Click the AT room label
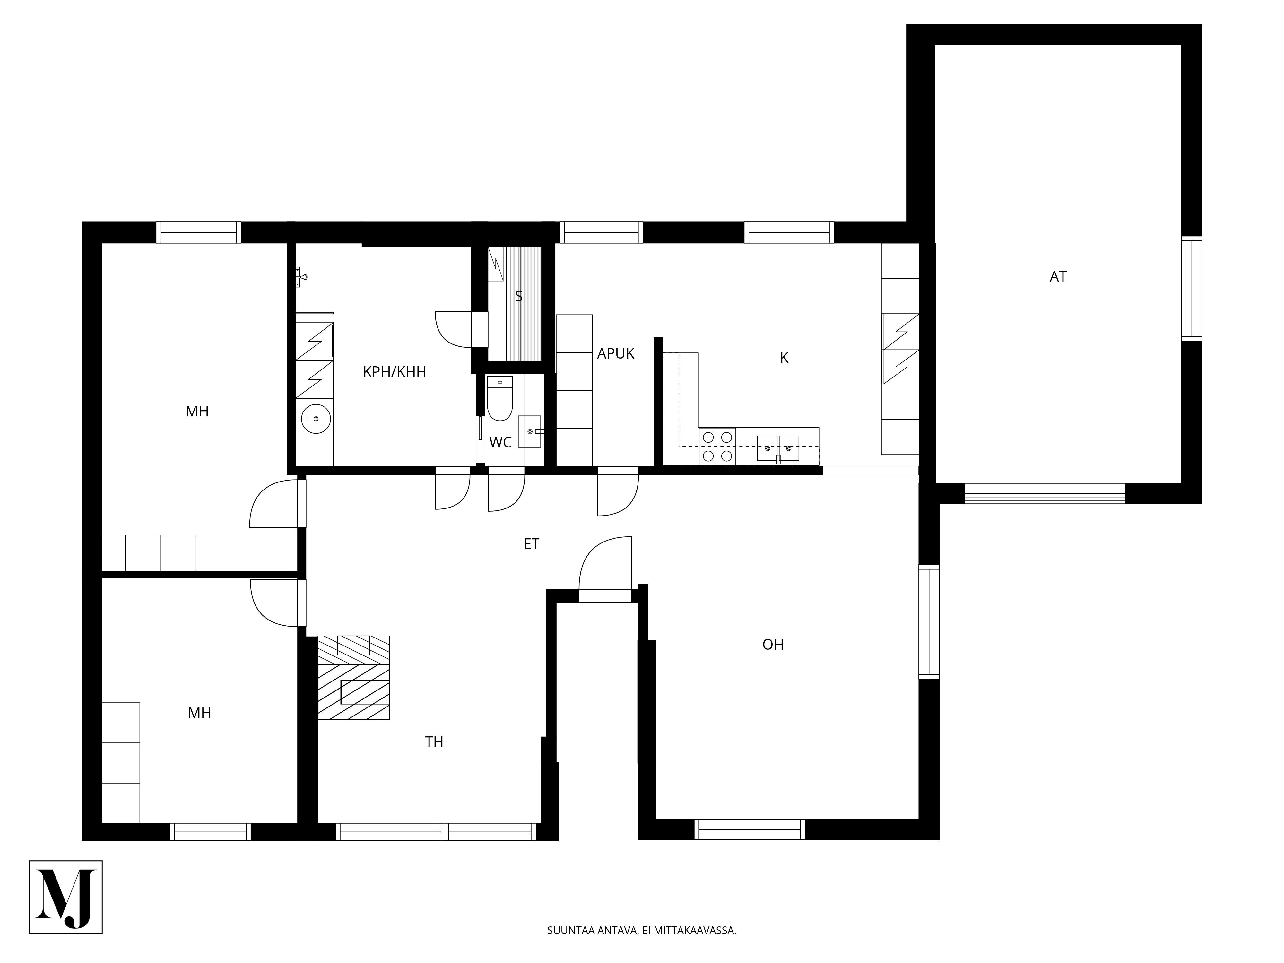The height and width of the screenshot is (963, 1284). pos(1058,277)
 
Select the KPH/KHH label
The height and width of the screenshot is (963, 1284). pos(395,372)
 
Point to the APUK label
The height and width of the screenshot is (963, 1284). pos(616,353)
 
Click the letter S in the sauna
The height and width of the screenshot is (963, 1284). pos(519,297)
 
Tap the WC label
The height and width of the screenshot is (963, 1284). pos(500,443)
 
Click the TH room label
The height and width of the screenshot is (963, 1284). pos(434,742)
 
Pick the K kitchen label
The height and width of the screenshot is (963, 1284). pos(784,358)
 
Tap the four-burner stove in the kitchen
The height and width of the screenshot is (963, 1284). pos(717,447)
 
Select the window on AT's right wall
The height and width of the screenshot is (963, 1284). pos(1192,289)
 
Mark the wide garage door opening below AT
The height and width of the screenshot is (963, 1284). pos(1045,493)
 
